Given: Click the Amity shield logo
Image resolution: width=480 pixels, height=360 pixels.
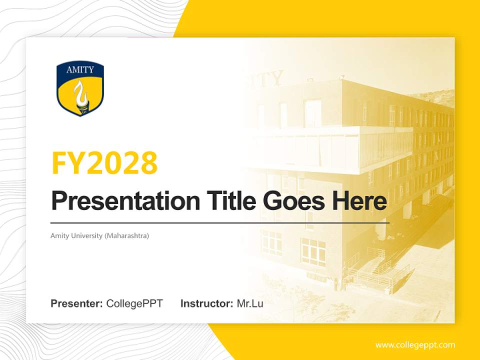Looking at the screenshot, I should pos(80,89).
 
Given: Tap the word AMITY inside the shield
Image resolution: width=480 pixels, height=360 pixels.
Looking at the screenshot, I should pos(80,69).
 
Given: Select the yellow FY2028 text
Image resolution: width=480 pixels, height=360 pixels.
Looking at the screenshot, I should pos(104,163).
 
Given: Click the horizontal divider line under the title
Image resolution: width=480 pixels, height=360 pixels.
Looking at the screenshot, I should pos(220,222).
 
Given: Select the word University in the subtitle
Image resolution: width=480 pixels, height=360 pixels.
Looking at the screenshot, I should pos(86,235).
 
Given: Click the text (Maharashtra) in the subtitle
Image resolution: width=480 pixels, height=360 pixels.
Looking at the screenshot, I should pos(126,235).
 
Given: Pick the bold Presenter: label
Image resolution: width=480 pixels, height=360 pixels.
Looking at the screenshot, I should pos(77,303).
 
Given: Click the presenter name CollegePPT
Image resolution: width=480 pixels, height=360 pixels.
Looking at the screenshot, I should pos(134,303).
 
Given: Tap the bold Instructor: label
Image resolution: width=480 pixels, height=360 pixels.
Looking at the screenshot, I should pos(206,303).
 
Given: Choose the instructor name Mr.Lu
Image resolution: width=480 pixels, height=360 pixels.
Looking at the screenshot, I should pos(250,303).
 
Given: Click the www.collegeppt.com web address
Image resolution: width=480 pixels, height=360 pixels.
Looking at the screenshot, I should pos(415,345).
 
